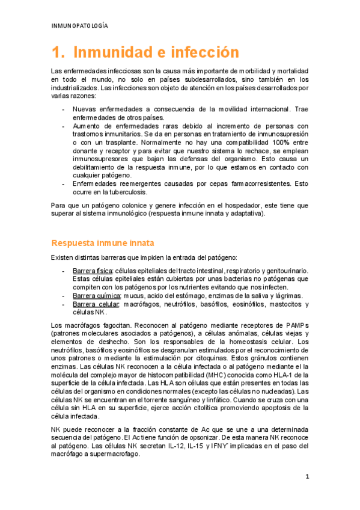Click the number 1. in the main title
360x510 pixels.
(58, 52)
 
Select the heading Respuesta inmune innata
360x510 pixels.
(103, 243)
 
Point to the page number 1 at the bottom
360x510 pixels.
(307, 477)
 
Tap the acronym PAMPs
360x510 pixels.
(296, 325)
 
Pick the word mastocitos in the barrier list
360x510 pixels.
(292, 304)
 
